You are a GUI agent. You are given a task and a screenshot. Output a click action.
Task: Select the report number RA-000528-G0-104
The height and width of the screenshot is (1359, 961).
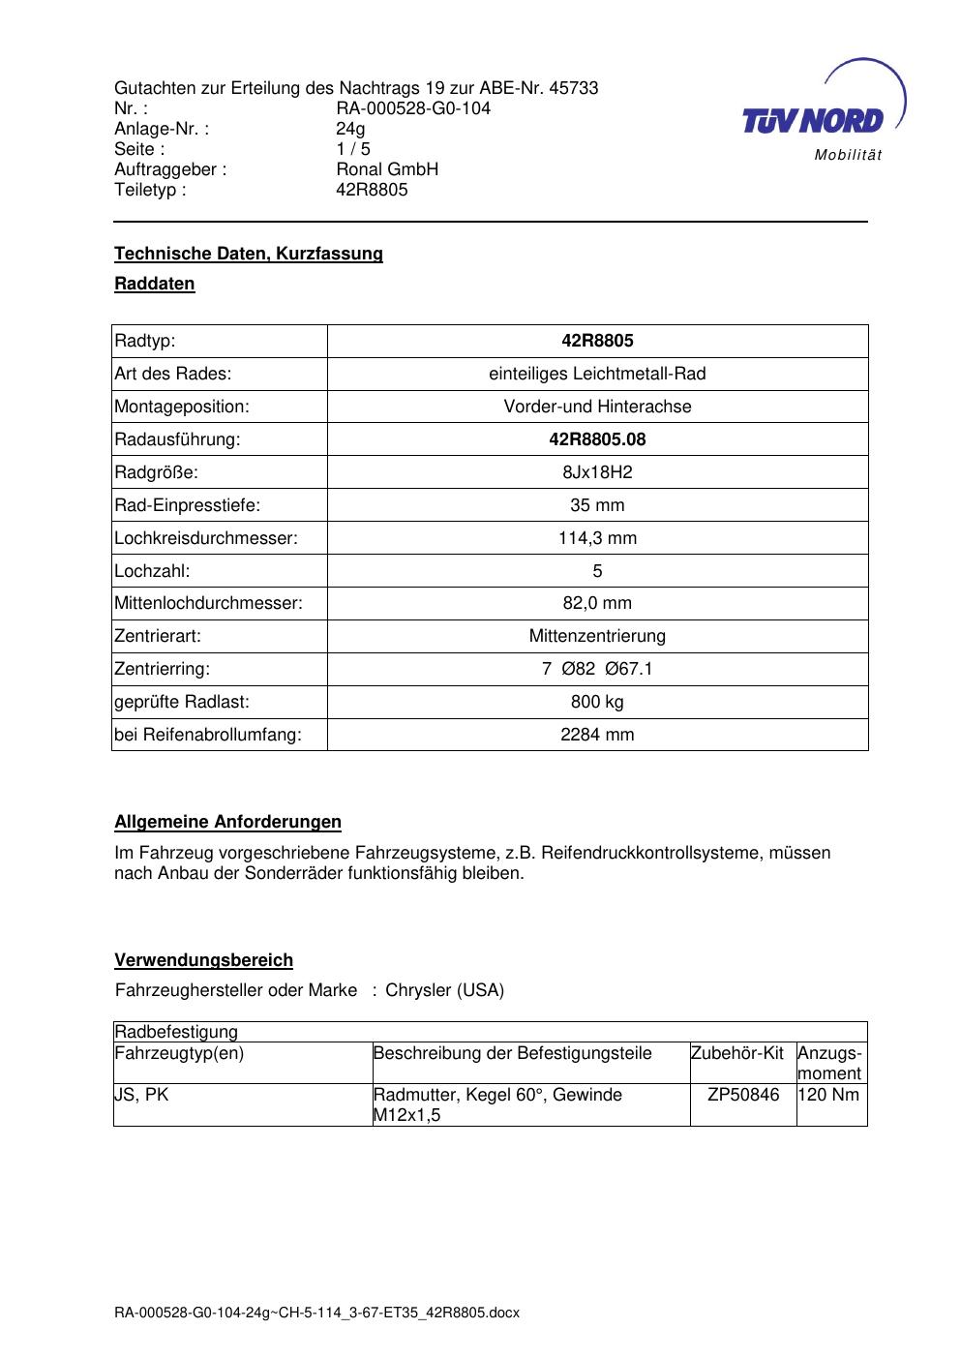pyautogui.click(x=413, y=108)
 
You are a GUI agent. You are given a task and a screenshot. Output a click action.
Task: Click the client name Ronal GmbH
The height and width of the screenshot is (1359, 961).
pyautogui.click(x=387, y=169)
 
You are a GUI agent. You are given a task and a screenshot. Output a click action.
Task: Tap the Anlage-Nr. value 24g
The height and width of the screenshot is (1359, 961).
pyautogui.click(x=350, y=129)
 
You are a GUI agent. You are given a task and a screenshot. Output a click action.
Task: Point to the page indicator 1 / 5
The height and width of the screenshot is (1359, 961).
pyautogui.click(x=353, y=149)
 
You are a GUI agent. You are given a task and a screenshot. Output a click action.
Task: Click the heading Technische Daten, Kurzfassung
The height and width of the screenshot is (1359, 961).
pyautogui.click(x=249, y=254)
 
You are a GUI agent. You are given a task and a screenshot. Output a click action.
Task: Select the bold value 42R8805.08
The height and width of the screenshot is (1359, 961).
pyautogui.click(x=597, y=439)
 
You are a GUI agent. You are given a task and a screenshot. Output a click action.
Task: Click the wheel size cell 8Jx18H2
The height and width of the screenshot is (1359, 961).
pyautogui.click(x=597, y=472)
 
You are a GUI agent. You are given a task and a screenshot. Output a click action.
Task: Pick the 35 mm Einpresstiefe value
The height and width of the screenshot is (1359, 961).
pyautogui.click(x=597, y=505)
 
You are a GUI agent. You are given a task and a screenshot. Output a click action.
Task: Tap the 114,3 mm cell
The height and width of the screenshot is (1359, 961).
pyautogui.click(x=597, y=538)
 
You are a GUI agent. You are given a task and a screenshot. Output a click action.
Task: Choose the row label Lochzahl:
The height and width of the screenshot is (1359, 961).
pyautogui.click(x=152, y=571)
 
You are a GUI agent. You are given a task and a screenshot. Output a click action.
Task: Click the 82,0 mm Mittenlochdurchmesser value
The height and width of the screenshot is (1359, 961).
pyautogui.click(x=597, y=603)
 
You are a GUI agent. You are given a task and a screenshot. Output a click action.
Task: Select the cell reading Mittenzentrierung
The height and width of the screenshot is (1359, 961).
pyautogui.click(x=597, y=636)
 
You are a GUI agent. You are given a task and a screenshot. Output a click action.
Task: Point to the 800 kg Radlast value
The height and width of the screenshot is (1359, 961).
pyautogui.click(x=597, y=702)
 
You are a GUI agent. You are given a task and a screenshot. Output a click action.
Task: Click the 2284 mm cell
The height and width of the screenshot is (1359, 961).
pyautogui.click(x=597, y=735)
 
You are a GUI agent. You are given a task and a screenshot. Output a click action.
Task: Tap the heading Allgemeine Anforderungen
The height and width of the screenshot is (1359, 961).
pyautogui.click(x=227, y=822)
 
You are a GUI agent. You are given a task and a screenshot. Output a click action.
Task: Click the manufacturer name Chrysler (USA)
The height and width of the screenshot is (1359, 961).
pyautogui.click(x=444, y=990)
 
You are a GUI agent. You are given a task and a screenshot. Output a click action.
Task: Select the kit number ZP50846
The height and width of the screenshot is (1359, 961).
pyautogui.click(x=743, y=1095)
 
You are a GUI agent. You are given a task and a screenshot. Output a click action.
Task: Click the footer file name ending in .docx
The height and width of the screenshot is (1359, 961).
pyautogui.click(x=316, y=1313)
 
